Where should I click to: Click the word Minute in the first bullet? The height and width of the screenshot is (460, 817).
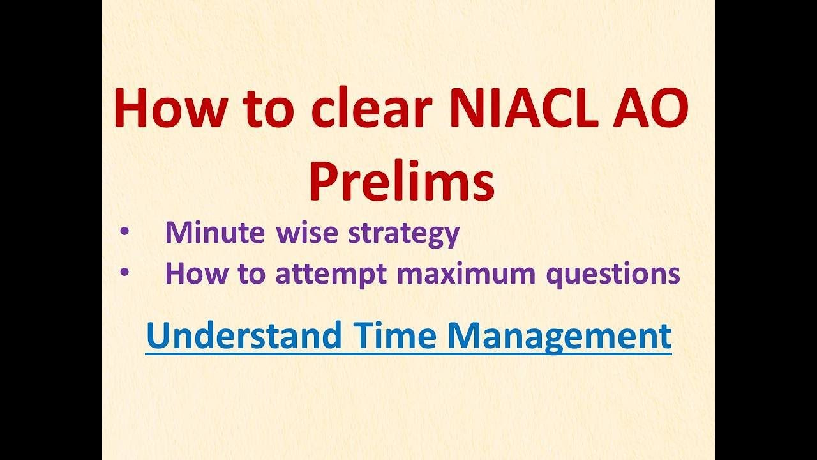pyautogui.click(x=214, y=233)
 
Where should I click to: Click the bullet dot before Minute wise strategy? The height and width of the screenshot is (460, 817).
pyautogui.click(x=125, y=233)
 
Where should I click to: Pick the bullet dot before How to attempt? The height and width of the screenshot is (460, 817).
pyautogui.click(x=125, y=273)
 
